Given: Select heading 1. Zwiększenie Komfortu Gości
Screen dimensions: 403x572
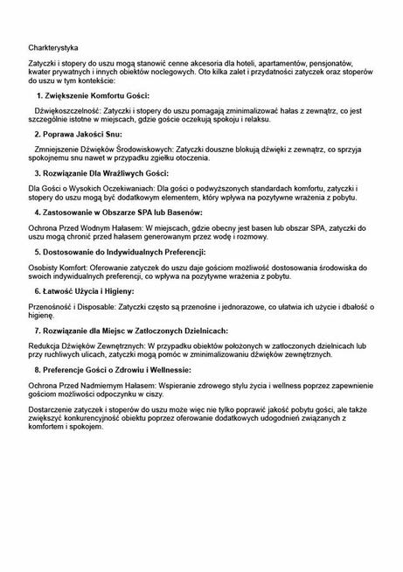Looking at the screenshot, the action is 94,95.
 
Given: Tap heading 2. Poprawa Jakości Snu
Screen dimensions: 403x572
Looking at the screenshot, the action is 83,136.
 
